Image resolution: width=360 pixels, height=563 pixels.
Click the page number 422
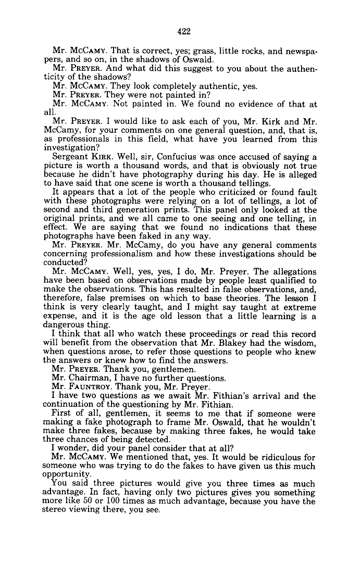(184, 31)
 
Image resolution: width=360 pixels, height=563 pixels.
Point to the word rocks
(255, 51)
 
